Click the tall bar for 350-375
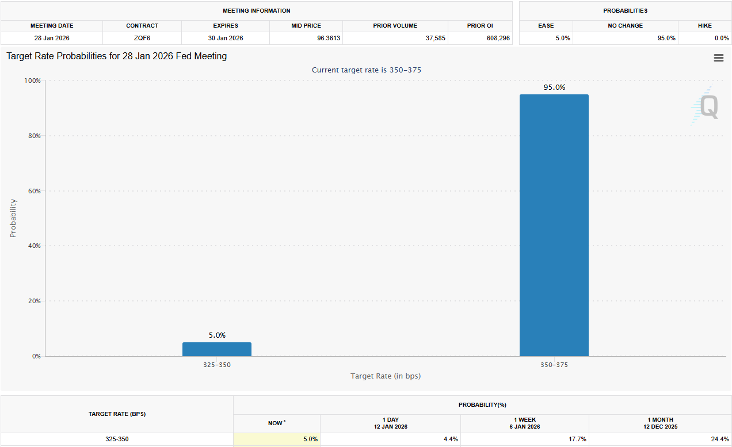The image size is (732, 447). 554,225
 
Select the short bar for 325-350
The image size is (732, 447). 217,349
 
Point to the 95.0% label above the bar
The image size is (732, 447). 554,87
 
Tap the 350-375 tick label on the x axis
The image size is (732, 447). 554,365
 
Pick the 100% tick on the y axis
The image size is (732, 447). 32,81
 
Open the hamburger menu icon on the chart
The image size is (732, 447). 718,58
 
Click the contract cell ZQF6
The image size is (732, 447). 142,38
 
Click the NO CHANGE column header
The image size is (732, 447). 625,26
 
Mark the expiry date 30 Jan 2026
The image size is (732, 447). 226,38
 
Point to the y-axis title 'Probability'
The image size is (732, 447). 13,218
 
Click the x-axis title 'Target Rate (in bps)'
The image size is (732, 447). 385,376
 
